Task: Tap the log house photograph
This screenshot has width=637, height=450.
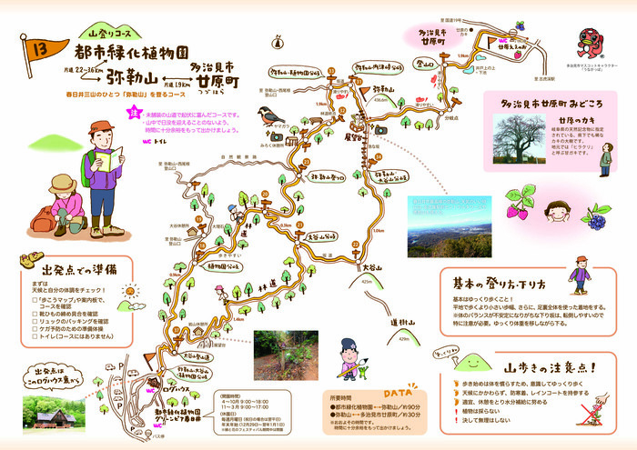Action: click(x=55, y=414)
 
